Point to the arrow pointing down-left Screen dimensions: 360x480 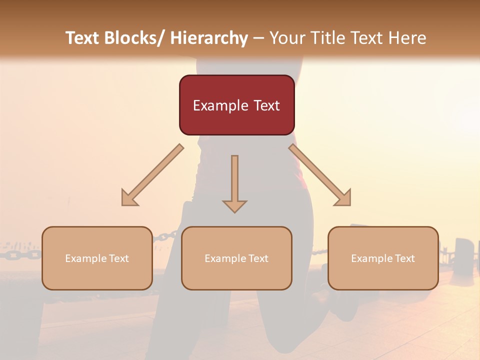(x=152, y=175)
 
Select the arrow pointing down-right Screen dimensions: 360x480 (x=320, y=175)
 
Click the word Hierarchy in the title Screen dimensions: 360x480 (x=209, y=38)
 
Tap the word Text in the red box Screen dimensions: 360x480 (x=266, y=106)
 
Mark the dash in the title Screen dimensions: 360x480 (x=258, y=38)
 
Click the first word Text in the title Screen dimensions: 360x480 (x=83, y=38)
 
